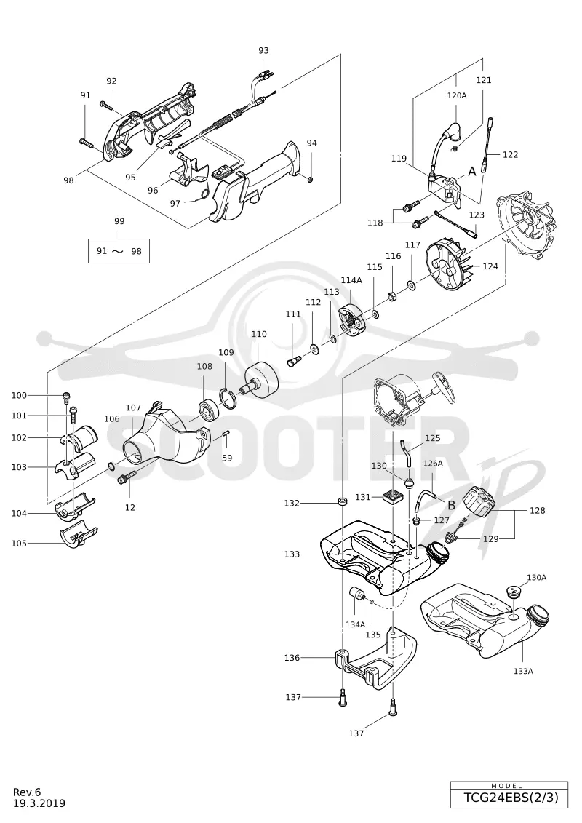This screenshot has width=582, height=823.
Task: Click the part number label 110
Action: coord(259,334)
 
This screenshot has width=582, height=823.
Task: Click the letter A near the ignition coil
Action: coord(472,171)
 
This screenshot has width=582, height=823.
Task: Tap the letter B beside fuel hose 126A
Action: coord(451,506)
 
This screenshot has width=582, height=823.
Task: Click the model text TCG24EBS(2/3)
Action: coord(508,798)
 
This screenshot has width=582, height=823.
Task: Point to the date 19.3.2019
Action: coord(39,803)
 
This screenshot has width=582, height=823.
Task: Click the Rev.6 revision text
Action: coord(27,792)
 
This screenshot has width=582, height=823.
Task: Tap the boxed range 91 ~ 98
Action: coord(119,251)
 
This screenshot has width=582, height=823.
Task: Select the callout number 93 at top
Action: coord(263,50)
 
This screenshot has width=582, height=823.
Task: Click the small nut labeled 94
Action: coord(310,180)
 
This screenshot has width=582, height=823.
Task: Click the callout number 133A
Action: coord(523,671)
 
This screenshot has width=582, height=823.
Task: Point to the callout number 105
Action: coord(19,544)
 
